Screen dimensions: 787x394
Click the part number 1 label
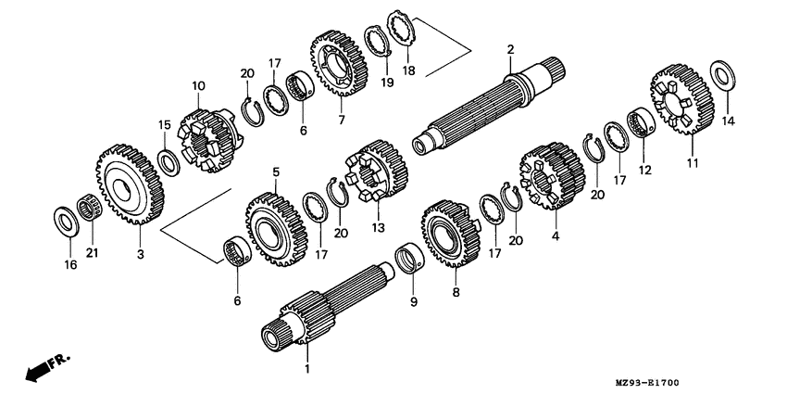pos(307,369)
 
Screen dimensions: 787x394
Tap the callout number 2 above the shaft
pos(510,49)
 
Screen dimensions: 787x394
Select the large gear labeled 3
pos(130,184)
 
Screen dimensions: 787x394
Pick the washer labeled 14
pos(723,76)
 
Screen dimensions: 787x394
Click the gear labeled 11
pos(682,99)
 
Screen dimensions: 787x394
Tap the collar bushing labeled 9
pos(409,259)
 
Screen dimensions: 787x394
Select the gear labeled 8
pos(451,234)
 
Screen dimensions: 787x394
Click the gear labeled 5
pos(276,229)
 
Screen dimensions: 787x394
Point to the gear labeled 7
pos(339,63)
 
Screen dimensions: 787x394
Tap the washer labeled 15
pos(169,162)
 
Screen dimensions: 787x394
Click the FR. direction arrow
pos(48,367)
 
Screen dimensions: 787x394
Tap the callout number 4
pos(556,235)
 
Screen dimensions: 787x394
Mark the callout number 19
pos(386,83)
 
